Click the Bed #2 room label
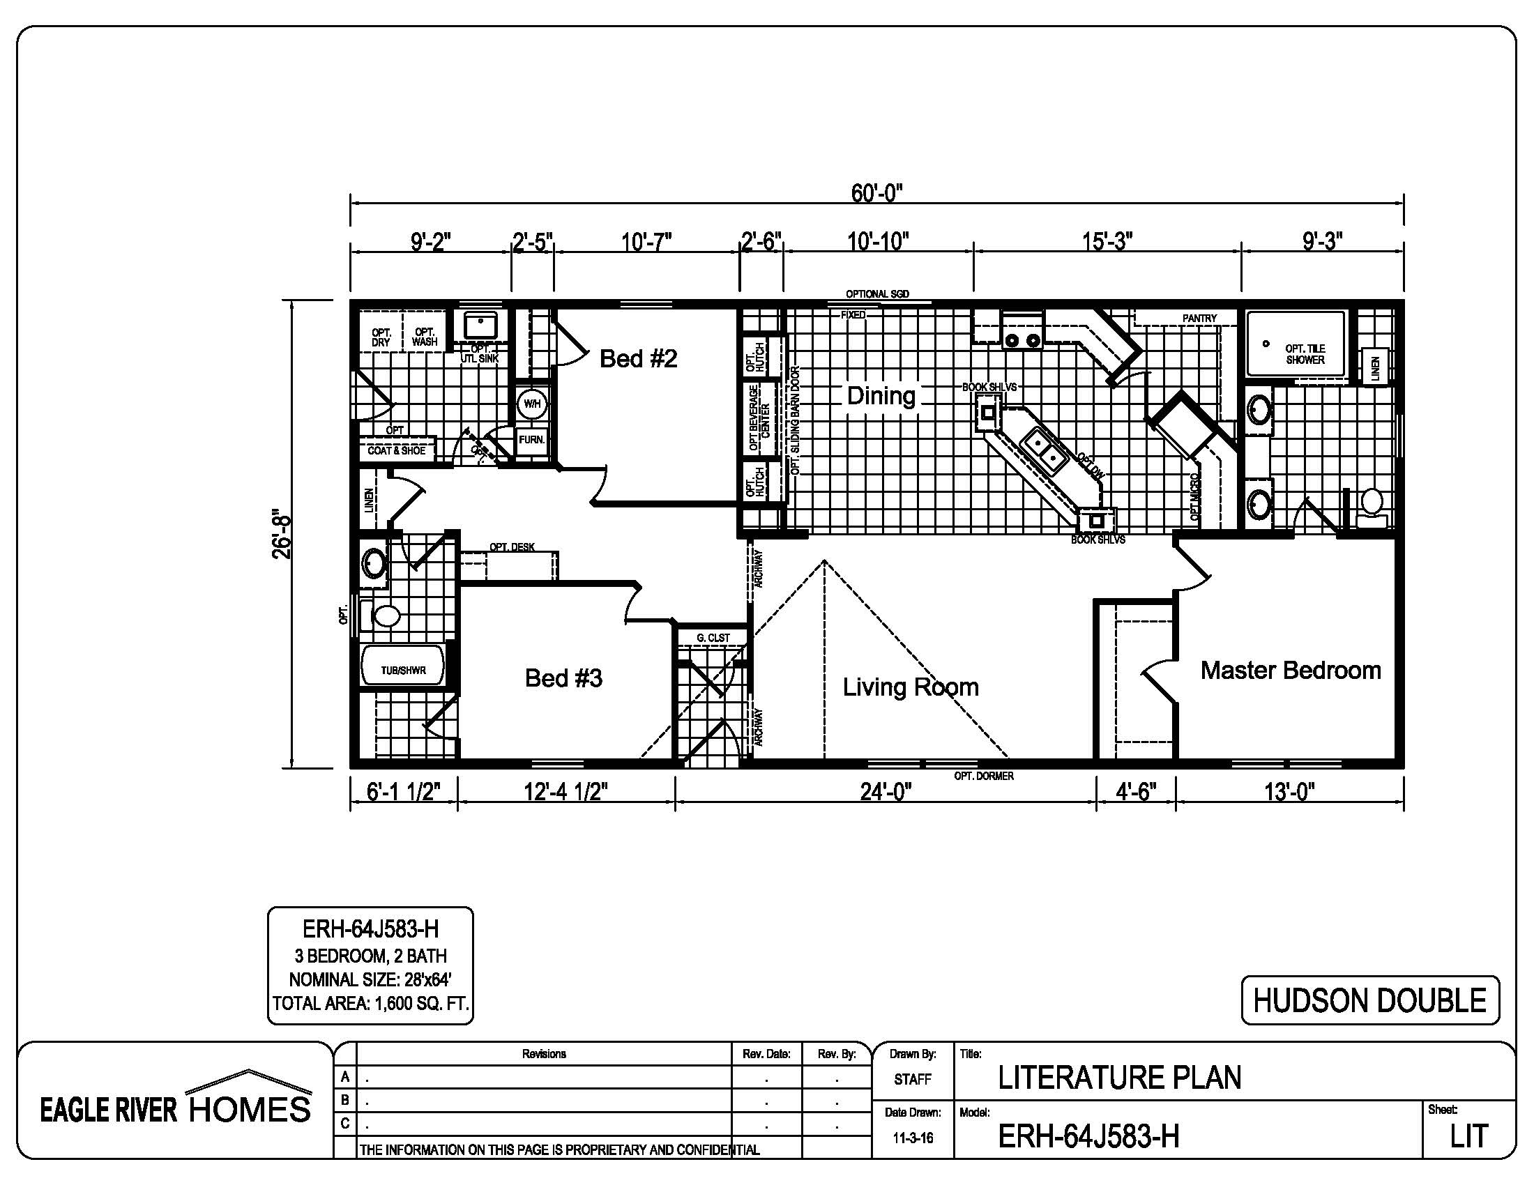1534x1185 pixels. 639,359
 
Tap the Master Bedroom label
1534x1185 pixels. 1291,671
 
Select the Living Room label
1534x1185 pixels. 911,687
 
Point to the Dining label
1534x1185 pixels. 881,395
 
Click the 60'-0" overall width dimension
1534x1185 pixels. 876,192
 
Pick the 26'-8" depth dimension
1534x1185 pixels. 281,533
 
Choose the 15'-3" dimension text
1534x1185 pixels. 1107,240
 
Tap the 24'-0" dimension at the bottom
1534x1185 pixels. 886,792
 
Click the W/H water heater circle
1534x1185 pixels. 532,404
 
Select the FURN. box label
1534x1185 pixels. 532,440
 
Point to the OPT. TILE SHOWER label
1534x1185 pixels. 1305,355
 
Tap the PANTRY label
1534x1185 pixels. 1199,318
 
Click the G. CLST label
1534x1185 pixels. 713,637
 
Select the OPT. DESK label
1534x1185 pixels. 512,548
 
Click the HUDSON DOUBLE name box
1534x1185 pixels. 1370,1000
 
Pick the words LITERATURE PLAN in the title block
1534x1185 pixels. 1120,1078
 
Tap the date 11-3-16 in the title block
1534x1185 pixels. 913,1138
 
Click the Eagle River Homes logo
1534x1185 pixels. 176,1099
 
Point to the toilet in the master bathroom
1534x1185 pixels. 1370,509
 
